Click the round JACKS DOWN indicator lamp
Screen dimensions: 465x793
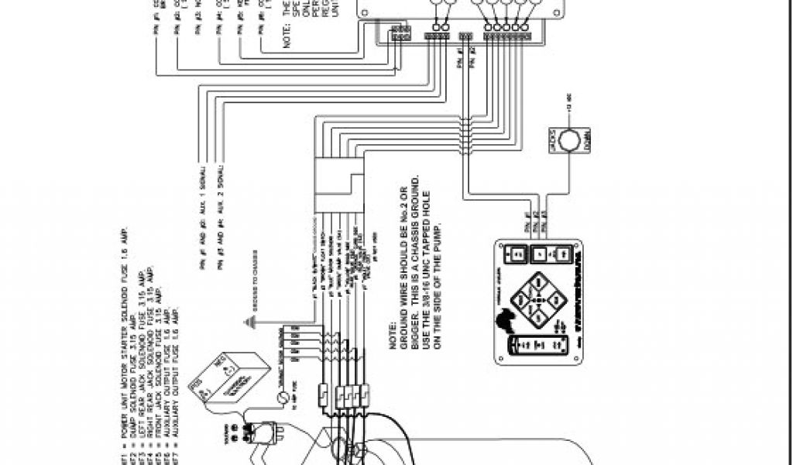(571, 139)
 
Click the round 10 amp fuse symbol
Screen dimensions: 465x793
(283, 398)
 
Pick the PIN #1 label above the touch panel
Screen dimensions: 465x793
(530, 219)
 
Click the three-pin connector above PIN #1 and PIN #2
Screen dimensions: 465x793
(465, 36)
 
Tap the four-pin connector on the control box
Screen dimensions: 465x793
(437, 36)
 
